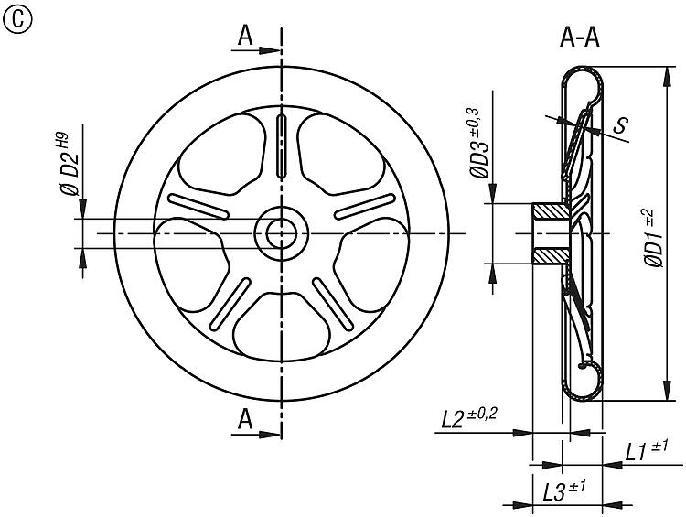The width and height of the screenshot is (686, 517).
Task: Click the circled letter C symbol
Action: pyautogui.click(x=16, y=19)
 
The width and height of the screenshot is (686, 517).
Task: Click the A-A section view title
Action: pyautogui.click(x=580, y=38)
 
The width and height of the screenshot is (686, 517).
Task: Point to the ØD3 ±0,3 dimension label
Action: pyautogui.click(x=477, y=143)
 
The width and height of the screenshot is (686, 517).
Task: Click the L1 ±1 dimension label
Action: pyautogui.click(x=646, y=451)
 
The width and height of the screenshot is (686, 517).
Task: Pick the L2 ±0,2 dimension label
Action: pyautogui.click(x=468, y=418)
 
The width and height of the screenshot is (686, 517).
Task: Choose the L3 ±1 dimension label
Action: pyautogui.click(x=564, y=491)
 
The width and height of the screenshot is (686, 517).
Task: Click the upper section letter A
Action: pyautogui.click(x=245, y=36)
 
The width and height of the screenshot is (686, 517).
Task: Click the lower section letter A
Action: pyautogui.click(x=245, y=420)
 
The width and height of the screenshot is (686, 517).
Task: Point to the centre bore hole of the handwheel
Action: pyautogui.click(x=282, y=233)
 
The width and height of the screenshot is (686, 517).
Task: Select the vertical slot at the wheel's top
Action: pyautogui.click(x=282, y=145)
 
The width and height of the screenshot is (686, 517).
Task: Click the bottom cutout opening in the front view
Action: pyautogui.click(x=282, y=326)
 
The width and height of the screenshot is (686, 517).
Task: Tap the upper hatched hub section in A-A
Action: pyautogui.click(x=552, y=211)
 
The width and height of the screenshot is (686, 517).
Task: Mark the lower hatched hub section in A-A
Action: pyautogui.click(x=552, y=255)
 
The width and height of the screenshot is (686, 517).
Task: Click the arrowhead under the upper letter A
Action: pyautogui.click(x=270, y=50)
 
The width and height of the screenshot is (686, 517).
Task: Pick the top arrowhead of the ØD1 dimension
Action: pyautogui.click(x=666, y=78)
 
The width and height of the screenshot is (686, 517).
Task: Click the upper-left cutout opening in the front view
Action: pyautogui.click(x=222, y=154)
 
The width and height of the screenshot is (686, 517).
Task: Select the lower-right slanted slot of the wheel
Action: pyautogui.click(x=333, y=304)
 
